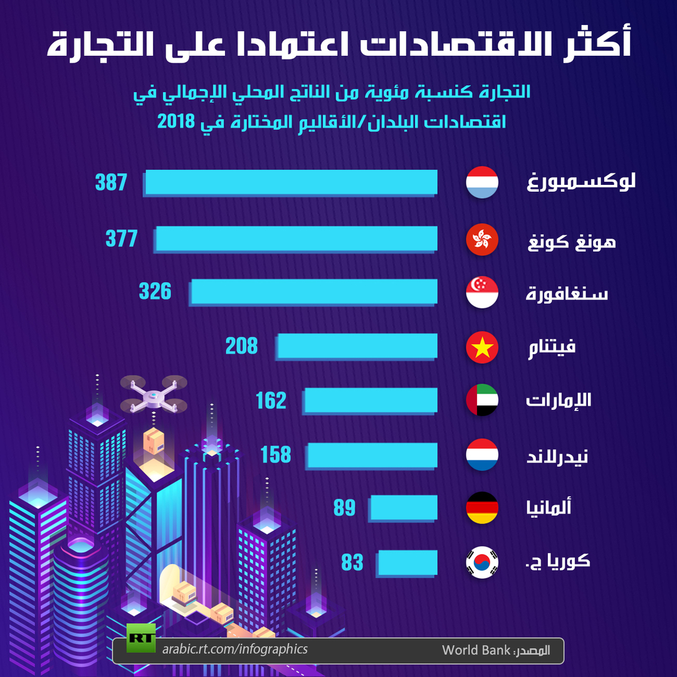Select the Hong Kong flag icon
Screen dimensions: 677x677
[482, 239]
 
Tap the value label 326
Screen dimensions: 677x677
[155, 291]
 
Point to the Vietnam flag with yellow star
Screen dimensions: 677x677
[482, 347]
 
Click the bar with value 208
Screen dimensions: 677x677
[357, 346]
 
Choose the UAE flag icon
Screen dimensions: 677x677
[482, 400]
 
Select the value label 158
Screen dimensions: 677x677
[276, 455]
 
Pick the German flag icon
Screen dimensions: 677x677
[482, 508]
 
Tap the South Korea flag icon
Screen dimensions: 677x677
[482, 562]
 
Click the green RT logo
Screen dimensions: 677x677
[141, 638]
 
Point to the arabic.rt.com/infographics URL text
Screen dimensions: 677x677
[235, 649]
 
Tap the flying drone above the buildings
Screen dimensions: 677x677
[154, 394]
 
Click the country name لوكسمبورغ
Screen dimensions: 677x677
[581, 182]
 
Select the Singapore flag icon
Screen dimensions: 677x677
[482, 292]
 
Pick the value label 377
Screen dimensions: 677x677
[122, 238]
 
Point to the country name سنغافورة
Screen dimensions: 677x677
[567, 293]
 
